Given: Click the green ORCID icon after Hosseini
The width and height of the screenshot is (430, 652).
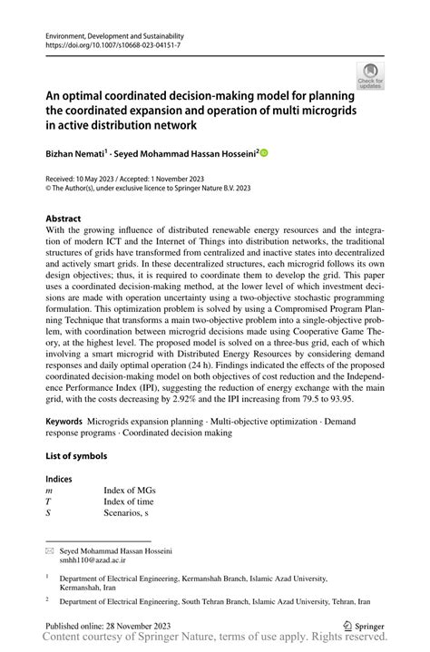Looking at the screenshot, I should pyautogui.click(x=264, y=154).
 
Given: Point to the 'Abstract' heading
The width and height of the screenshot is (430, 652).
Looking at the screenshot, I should pyautogui.click(x=63, y=219).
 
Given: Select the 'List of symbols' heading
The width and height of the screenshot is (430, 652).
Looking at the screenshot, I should pyautogui.click(x=76, y=455).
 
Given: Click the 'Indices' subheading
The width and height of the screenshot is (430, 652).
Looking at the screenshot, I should pyautogui.click(x=59, y=478).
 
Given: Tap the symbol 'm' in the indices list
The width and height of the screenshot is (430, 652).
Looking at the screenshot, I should pyautogui.click(x=50, y=490).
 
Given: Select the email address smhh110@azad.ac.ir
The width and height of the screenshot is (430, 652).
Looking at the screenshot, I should pyautogui.click(x=93, y=561).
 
